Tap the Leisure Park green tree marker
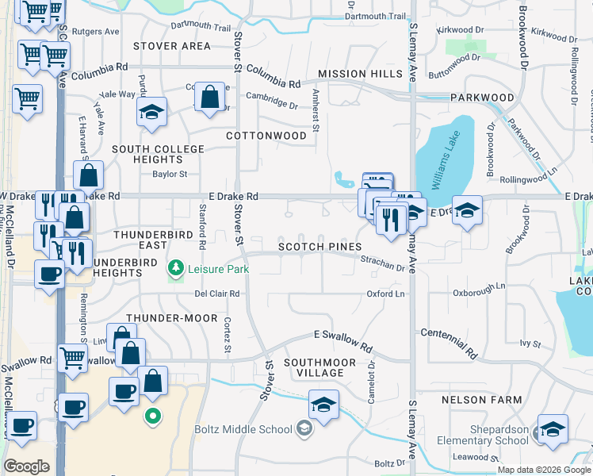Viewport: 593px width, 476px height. coord(175,268)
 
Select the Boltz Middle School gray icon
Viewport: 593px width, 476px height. coord(303,430)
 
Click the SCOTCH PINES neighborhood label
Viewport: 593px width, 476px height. coord(319,247)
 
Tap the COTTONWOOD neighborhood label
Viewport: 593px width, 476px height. coord(266,136)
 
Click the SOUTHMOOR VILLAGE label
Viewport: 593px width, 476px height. coord(319,367)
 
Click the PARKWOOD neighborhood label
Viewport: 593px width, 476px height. coord(483,98)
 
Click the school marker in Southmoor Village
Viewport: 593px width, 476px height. coord(323,405)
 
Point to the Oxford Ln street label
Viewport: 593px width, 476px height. coord(385,294)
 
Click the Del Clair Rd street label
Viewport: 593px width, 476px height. coord(217,294)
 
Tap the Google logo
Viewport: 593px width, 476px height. coord(26,466)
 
